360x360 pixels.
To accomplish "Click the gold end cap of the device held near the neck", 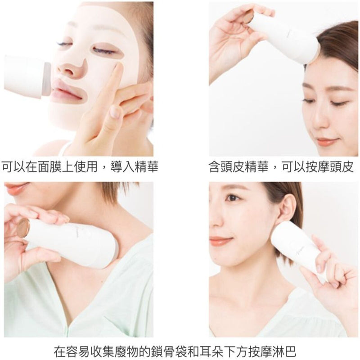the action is [x=22, y=228].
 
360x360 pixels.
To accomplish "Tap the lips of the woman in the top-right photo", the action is [x=324, y=142].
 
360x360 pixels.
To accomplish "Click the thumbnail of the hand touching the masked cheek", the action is [x=115, y=112].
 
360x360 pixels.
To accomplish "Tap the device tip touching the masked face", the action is [x=46, y=79].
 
